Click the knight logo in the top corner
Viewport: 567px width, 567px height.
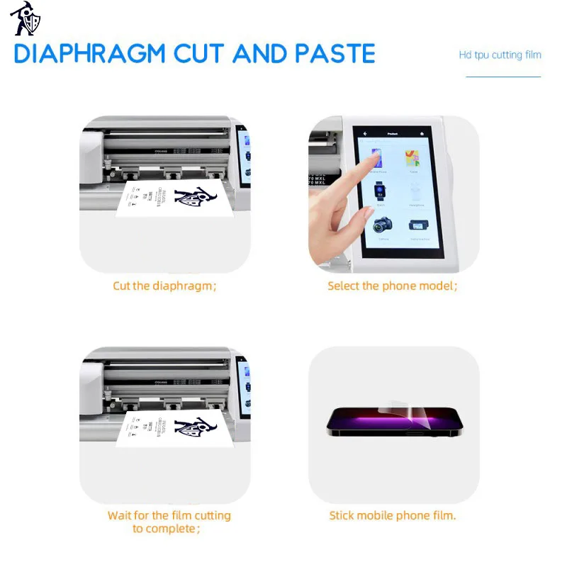tap(26, 19)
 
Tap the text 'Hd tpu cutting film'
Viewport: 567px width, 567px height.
tap(500, 55)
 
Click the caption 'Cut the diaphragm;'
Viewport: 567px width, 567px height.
tap(164, 286)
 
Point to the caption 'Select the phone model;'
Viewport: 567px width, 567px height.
tap(392, 286)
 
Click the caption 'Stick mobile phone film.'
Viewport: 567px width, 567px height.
tap(392, 515)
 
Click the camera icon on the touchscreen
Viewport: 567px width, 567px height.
tap(383, 226)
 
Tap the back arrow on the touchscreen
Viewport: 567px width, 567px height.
tap(366, 133)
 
